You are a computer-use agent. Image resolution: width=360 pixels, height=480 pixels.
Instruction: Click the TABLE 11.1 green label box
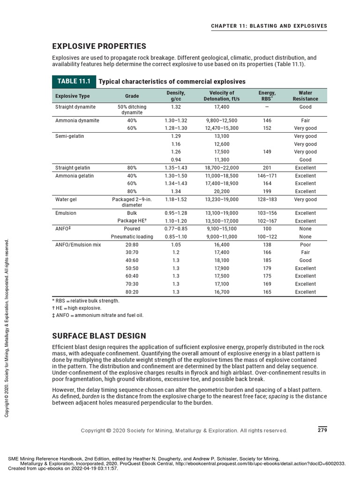point(74,82)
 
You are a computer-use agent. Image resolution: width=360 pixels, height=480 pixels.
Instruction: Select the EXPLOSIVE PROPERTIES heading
point(99,46)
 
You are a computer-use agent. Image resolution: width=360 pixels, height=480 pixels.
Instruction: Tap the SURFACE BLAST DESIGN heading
point(99,336)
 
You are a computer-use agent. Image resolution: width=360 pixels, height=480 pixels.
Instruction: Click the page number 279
point(322,430)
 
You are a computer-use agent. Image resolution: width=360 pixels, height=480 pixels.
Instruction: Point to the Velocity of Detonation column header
point(222,96)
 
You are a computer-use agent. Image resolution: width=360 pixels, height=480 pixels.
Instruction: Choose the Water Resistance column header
point(305,96)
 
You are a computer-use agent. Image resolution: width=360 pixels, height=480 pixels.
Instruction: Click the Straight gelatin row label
point(73,168)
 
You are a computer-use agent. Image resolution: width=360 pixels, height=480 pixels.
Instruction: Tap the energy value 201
point(267,168)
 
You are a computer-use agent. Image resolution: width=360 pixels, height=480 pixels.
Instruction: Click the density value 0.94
point(176,160)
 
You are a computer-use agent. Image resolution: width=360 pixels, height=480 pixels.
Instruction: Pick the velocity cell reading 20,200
point(222,191)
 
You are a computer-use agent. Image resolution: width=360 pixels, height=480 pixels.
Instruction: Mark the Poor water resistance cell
point(305,245)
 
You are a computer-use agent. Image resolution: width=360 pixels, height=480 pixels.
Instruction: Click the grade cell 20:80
point(132,245)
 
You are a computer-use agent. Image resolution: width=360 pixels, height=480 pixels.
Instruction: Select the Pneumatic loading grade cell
point(132,237)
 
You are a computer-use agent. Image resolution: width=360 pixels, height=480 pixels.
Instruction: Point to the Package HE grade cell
point(132,221)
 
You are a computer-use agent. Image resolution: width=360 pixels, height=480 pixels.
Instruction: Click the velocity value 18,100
point(222,260)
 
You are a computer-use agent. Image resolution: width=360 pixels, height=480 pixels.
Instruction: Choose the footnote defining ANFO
point(97,315)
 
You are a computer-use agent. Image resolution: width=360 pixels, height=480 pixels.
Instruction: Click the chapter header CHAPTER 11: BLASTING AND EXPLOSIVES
point(269,26)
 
